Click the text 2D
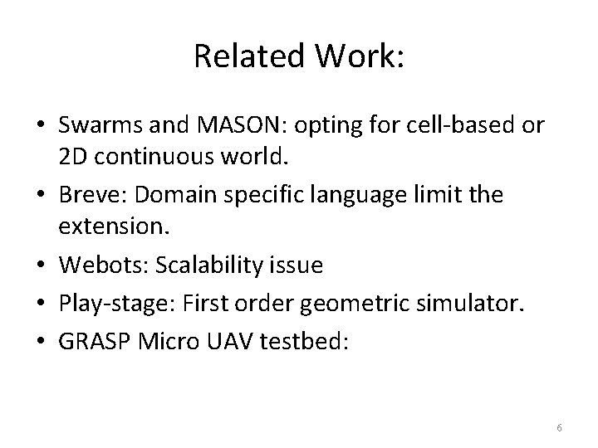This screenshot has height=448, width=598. [x=71, y=155]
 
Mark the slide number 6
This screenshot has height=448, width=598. [x=560, y=427]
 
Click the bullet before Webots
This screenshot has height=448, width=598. [x=42, y=266]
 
